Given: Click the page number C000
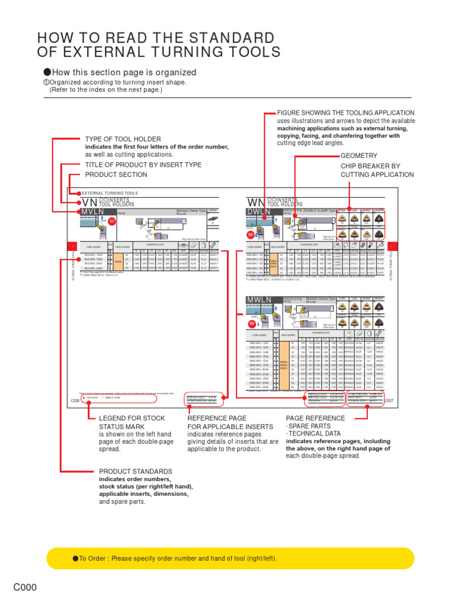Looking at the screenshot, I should click(x=25, y=588).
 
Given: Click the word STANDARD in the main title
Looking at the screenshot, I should click(x=233, y=38).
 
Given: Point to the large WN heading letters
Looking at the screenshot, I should click(x=256, y=202).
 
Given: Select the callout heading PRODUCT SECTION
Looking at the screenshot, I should click(x=116, y=175).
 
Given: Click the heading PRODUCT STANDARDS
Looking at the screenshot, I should click(x=136, y=471).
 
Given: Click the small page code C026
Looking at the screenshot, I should click(x=74, y=401).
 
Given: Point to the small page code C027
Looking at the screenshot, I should click(x=389, y=401).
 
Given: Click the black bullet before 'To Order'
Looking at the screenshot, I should click(x=75, y=558).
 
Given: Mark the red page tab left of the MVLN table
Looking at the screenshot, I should click(x=72, y=246).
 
